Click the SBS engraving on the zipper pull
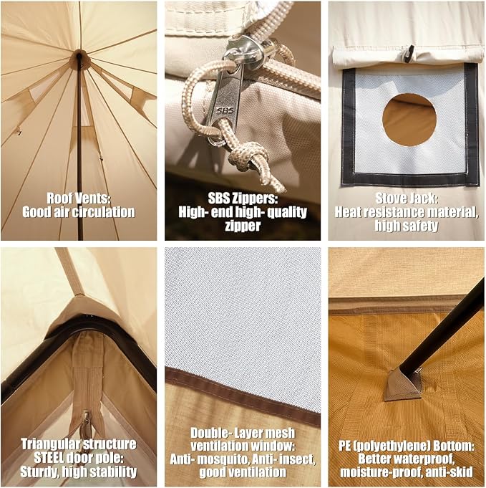click(x=225, y=110)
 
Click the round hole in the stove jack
click(x=409, y=120)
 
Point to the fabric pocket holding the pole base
click(x=403, y=383)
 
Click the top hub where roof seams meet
click(x=79, y=58)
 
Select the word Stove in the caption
click(x=389, y=198)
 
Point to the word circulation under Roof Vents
click(x=104, y=212)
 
